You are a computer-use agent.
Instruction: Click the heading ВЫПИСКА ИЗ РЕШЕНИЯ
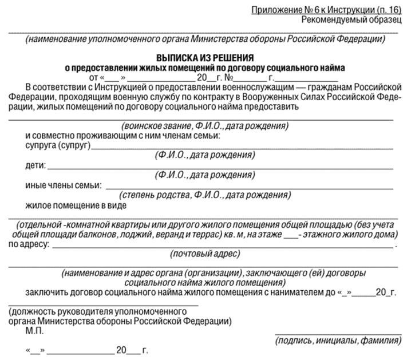click(x=205, y=58)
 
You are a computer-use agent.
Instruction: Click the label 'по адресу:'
click(x=29, y=244)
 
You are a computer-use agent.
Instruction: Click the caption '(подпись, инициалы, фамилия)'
click(x=338, y=341)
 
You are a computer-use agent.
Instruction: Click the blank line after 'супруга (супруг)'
click(x=243, y=148)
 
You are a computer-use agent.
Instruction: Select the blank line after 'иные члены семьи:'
click(x=250, y=188)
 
